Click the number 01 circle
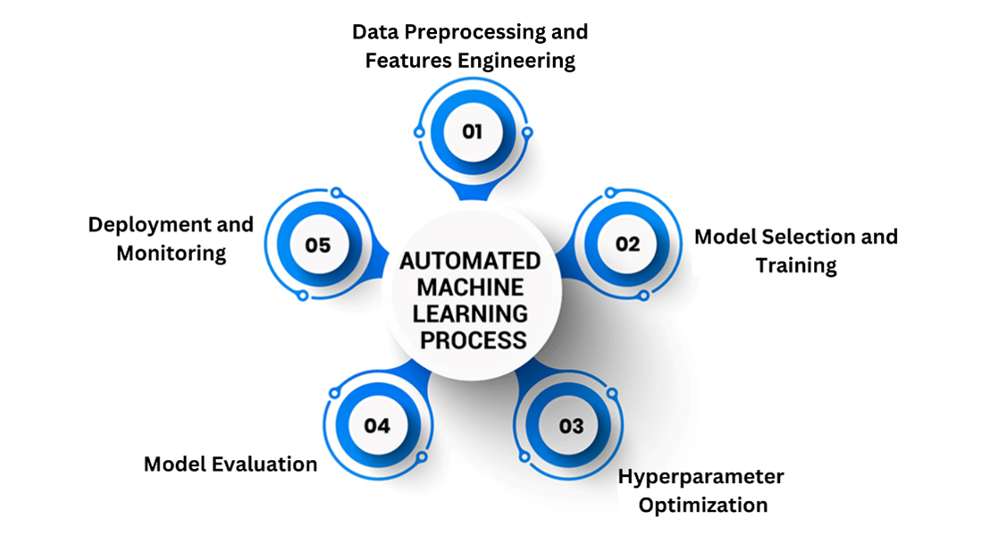[472, 132]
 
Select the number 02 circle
[627, 244]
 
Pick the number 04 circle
[376, 426]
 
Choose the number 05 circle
[317, 244]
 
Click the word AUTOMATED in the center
[470, 262]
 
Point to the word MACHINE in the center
[470, 288]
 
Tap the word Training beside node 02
[796, 265]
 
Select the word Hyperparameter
[701, 476]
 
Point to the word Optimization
[703, 505]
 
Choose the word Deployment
[146, 224]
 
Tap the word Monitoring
[171, 253]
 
